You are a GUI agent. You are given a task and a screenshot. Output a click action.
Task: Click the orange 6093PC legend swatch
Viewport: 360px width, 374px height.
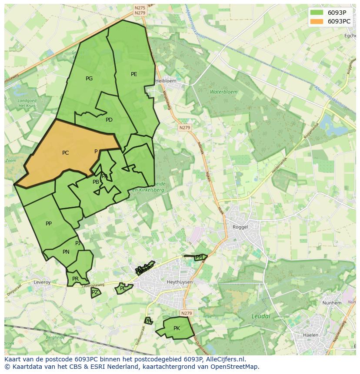pyautogui.click(x=317, y=21)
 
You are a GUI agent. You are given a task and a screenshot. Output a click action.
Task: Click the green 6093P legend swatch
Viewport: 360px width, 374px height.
pyautogui.click(x=317, y=12)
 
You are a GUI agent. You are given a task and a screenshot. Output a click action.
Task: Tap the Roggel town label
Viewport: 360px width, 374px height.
pyautogui.click(x=240, y=227)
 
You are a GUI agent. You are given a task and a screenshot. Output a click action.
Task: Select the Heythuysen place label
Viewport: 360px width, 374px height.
pyautogui.click(x=180, y=282)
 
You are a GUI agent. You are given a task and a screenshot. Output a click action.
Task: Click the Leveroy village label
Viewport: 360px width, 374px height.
pyautogui.click(x=42, y=282)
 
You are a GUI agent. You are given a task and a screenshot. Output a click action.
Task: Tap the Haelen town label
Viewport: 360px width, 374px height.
pyautogui.click(x=310, y=335)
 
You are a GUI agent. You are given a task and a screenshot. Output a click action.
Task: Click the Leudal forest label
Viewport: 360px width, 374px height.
pyautogui.click(x=261, y=316)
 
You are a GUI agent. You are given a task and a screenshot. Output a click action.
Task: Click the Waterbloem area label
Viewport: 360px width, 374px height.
pyautogui.click(x=223, y=92)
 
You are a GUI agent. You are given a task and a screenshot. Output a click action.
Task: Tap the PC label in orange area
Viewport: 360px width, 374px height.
pyautogui.click(x=65, y=153)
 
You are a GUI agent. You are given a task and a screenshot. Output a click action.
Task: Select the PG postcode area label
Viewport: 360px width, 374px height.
pyautogui.click(x=89, y=79)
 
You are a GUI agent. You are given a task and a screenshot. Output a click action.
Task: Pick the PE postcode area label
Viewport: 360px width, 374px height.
pyautogui.click(x=134, y=74)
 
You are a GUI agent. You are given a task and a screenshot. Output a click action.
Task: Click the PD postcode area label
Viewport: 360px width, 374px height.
pyautogui.click(x=109, y=120)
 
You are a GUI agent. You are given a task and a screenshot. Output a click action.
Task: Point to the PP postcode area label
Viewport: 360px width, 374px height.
pyautogui.click(x=49, y=224)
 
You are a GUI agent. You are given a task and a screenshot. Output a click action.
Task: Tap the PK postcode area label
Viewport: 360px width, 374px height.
pyautogui.click(x=177, y=328)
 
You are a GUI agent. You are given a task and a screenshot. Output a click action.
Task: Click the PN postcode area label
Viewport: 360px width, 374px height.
pyautogui.click(x=66, y=252)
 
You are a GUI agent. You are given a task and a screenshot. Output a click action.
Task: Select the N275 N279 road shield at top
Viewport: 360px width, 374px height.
pyautogui.click(x=140, y=10)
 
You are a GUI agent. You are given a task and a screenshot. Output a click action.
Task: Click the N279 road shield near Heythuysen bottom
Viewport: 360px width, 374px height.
pyautogui.click(x=187, y=313)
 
